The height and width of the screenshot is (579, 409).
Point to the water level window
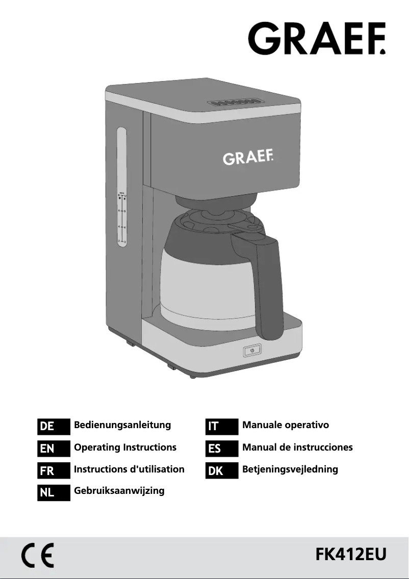click(x=122, y=188)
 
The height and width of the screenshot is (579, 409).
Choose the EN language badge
click(x=54, y=449)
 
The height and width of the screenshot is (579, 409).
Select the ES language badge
click(x=222, y=449)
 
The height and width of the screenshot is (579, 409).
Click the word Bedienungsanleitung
click(x=122, y=425)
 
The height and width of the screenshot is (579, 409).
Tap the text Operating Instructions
click(x=125, y=448)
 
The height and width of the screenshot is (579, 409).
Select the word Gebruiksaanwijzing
click(x=119, y=491)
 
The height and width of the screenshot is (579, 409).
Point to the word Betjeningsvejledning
click(x=290, y=469)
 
